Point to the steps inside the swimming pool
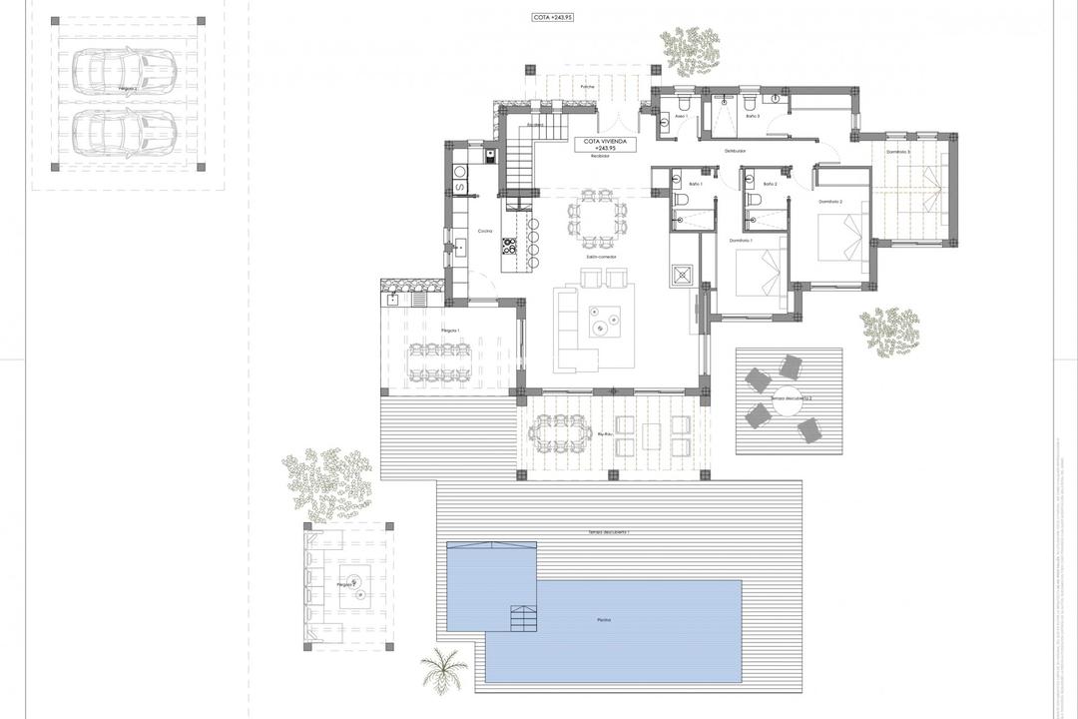(x=522, y=618)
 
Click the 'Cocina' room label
(x=485, y=231)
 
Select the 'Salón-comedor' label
(x=600, y=257)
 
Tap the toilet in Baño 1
(x=682, y=200)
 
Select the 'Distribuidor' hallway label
(x=736, y=151)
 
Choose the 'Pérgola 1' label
(x=450, y=329)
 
